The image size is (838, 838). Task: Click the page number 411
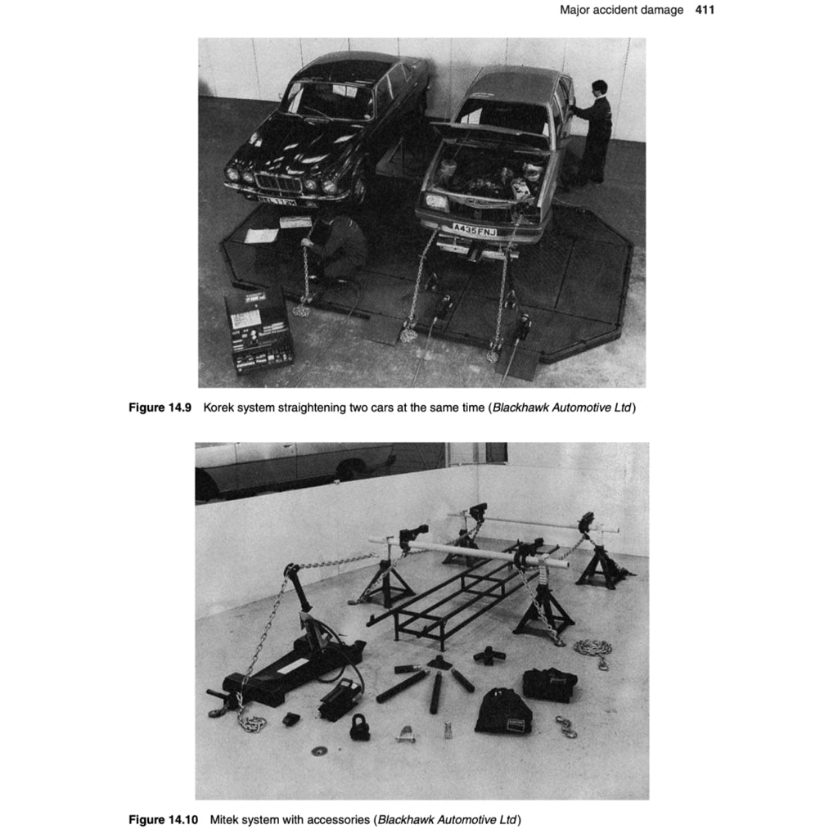(x=705, y=10)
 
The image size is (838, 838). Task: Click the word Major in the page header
(x=576, y=10)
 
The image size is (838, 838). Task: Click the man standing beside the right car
(x=595, y=131)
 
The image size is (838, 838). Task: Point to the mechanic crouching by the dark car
(x=340, y=250)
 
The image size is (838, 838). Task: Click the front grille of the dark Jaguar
(x=279, y=182)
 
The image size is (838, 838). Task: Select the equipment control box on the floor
(x=259, y=331)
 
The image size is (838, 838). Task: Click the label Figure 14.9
(x=159, y=408)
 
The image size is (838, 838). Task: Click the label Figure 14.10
(x=163, y=819)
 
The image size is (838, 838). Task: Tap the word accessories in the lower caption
(x=336, y=819)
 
